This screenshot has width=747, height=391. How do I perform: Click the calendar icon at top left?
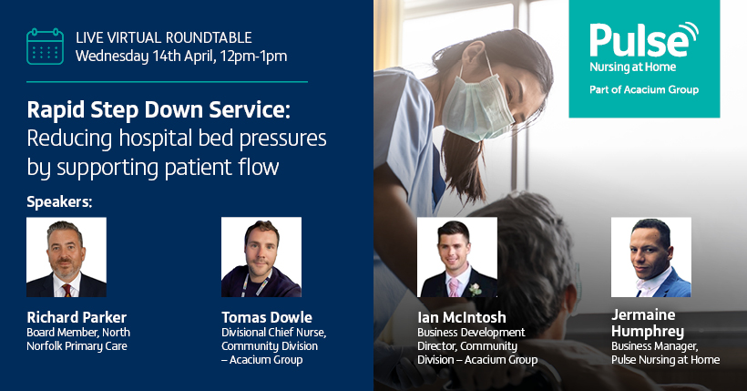(x=45, y=46)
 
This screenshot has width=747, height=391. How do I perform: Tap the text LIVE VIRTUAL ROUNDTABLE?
(x=163, y=37)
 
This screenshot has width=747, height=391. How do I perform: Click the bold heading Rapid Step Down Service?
(x=159, y=109)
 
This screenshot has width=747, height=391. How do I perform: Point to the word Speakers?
(x=59, y=202)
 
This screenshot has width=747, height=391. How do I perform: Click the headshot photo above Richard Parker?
(x=67, y=258)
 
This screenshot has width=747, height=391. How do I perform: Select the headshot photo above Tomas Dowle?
(x=261, y=258)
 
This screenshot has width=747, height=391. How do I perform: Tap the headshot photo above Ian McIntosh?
(x=457, y=258)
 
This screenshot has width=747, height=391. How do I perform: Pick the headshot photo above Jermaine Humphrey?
(x=651, y=258)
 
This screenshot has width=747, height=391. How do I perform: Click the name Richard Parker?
(x=77, y=317)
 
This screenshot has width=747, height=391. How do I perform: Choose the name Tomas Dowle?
(x=267, y=317)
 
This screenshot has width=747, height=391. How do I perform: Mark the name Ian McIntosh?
(x=462, y=317)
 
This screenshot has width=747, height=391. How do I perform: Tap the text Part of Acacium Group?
(x=644, y=89)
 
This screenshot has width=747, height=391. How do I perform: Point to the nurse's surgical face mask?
(x=476, y=108)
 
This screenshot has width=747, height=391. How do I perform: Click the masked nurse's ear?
(x=475, y=54)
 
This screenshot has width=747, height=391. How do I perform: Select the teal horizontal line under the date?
(x=168, y=82)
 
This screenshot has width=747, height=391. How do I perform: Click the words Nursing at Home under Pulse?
(x=632, y=67)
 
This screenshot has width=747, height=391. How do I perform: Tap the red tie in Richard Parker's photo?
(x=67, y=291)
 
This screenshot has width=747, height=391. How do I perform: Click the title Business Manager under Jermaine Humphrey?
(x=655, y=346)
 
